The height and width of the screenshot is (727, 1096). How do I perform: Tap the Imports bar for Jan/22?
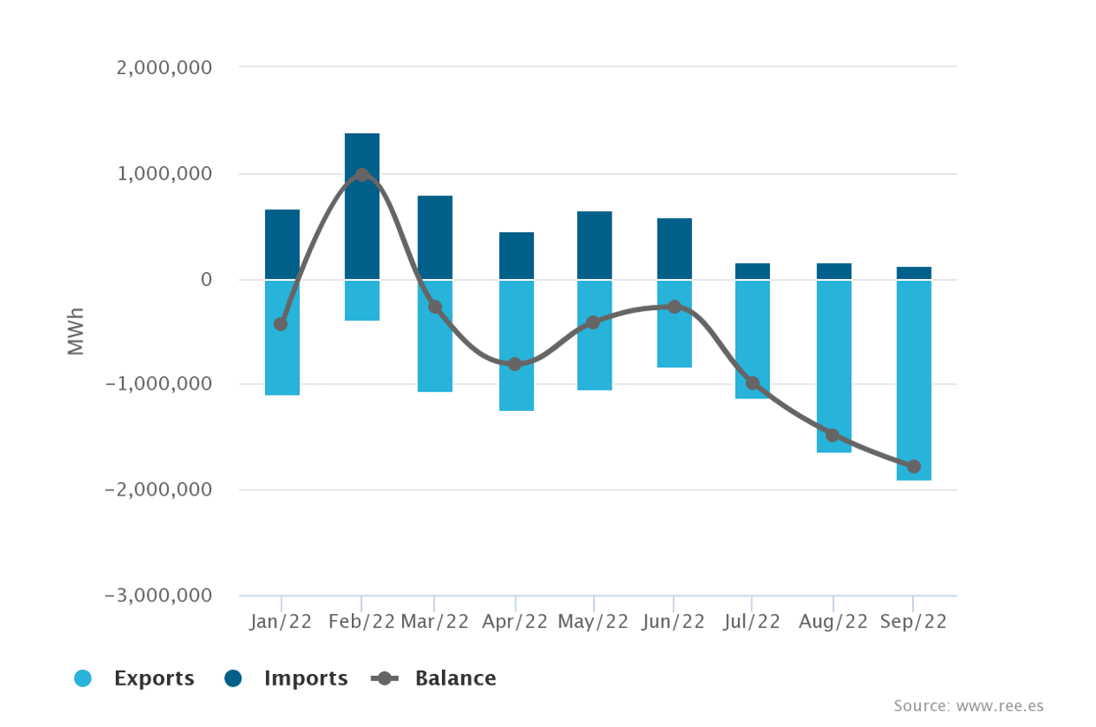click(282, 244)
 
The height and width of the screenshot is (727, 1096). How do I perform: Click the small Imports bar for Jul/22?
click(752, 271)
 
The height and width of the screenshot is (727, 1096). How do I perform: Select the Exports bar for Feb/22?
click(362, 300)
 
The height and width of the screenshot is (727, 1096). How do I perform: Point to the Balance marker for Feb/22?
click(362, 175)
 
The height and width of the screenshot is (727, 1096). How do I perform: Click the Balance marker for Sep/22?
click(913, 466)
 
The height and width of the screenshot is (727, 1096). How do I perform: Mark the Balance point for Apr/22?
click(515, 364)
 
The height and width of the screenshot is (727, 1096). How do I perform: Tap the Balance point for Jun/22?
click(674, 307)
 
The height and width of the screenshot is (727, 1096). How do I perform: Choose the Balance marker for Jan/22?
click(281, 324)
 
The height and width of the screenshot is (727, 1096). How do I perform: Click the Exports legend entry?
click(134, 678)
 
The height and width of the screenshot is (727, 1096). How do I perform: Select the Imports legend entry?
click(286, 678)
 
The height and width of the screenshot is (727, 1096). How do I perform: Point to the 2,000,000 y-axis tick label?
click(164, 68)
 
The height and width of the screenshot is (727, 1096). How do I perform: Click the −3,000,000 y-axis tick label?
click(158, 595)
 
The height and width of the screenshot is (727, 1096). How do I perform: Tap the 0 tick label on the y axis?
click(206, 279)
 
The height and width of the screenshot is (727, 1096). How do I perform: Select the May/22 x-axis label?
click(593, 622)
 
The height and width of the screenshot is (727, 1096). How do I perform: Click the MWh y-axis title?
click(76, 331)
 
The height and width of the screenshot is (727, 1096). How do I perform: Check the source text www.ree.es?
click(969, 706)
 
